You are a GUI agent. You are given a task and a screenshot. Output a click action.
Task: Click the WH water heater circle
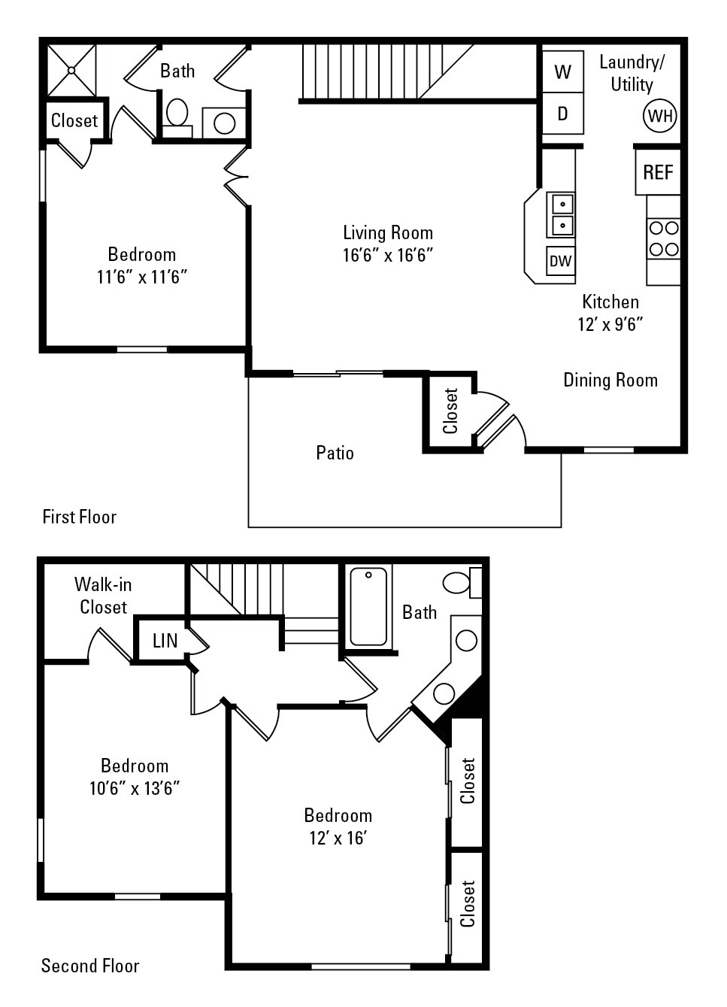pyautogui.click(x=659, y=116)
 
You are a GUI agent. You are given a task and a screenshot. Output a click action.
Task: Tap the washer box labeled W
pyautogui.click(x=562, y=71)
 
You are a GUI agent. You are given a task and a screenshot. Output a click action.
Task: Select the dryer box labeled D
pyautogui.click(x=562, y=114)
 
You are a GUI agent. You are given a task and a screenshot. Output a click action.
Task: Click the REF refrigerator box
pyautogui.click(x=658, y=172)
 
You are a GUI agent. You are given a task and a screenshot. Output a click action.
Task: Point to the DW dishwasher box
pyautogui.click(x=560, y=261)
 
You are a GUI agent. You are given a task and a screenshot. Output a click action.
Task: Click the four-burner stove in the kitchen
pyautogui.click(x=663, y=238)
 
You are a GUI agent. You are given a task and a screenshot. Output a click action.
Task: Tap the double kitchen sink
pyautogui.click(x=562, y=214)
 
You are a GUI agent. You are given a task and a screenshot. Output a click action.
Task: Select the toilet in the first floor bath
pyautogui.click(x=177, y=115)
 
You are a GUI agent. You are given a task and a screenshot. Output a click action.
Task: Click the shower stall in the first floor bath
pyautogui.click(x=72, y=70)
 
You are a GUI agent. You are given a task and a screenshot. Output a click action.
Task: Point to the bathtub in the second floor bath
pyautogui.click(x=368, y=606)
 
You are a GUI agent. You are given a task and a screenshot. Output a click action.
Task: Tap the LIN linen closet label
pyautogui.click(x=165, y=640)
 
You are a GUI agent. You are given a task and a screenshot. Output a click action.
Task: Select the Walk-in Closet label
pyautogui.click(x=103, y=596)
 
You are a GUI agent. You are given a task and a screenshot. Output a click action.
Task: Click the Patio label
pyautogui.click(x=335, y=453)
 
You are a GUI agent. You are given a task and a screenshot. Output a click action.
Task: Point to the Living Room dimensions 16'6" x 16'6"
pyautogui.click(x=388, y=255)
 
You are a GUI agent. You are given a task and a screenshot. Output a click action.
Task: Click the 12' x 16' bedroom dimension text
pyautogui.click(x=338, y=838)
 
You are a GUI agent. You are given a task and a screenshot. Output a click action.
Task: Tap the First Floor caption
pyautogui.click(x=79, y=517)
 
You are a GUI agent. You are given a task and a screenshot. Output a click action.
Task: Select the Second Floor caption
pyautogui.click(x=90, y=966)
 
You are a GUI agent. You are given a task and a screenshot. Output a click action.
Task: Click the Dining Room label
pyautogui.click(x=610, y=380)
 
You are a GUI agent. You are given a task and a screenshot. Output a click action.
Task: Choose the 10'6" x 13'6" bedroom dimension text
pyautogui.click(x=134, y=788)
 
